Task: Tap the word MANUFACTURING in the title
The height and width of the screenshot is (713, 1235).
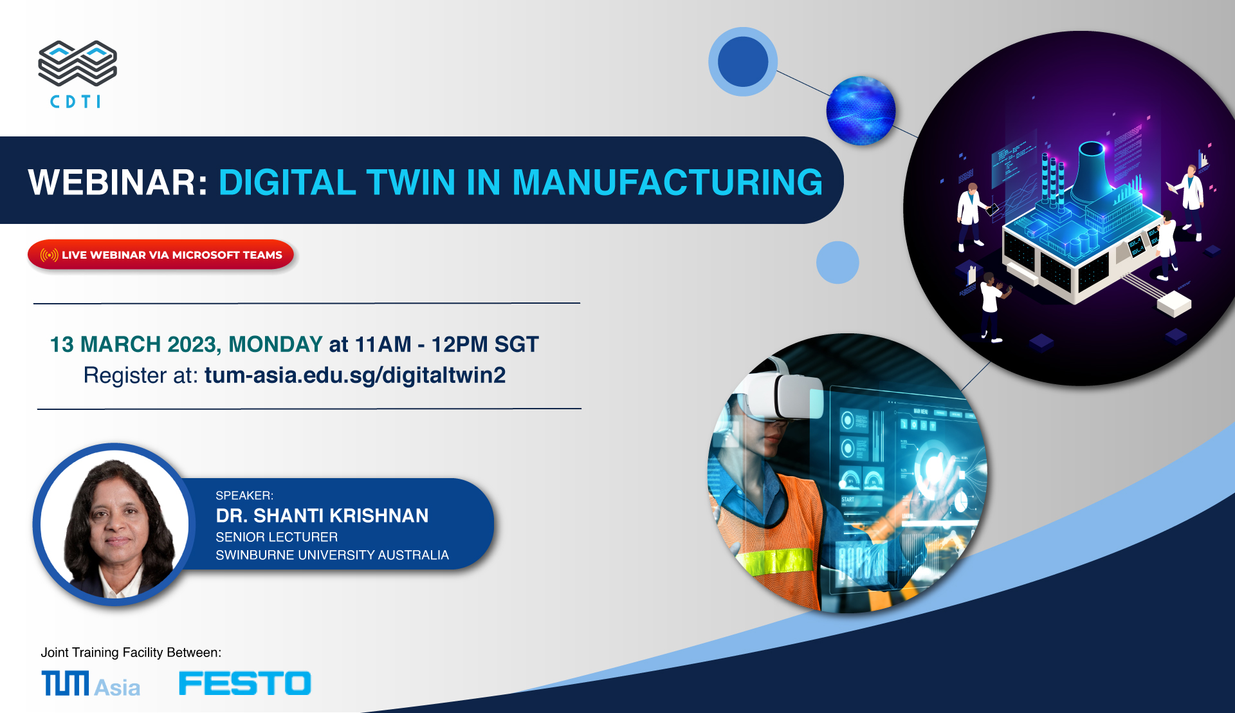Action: click(668, 182)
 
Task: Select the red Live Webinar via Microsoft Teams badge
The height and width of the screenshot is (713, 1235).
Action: click(161, 255)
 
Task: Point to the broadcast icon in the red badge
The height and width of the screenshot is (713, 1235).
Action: click(49, 255)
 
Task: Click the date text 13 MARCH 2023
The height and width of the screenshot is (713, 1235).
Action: click(135, 344)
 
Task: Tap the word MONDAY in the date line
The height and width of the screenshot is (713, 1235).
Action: click(275, 344)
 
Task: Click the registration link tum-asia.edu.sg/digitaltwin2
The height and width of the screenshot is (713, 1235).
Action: click(355, 375)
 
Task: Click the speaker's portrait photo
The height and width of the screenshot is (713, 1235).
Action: click(114, 524)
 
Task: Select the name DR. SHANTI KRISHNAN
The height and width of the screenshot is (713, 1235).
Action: click(322, 515)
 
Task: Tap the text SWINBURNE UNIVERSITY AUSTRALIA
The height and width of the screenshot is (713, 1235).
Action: click(332, 555)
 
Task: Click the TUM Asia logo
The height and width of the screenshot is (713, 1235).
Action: click(91, 683)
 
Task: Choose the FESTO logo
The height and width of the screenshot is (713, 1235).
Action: click(245, 683)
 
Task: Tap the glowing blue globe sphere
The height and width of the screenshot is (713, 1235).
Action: click(861, 110)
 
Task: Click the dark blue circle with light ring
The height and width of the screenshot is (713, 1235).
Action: click(743, 62)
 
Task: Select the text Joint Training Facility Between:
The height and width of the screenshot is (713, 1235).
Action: click(131, 653)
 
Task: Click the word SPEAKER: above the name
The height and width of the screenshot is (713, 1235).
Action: click(244, 495)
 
